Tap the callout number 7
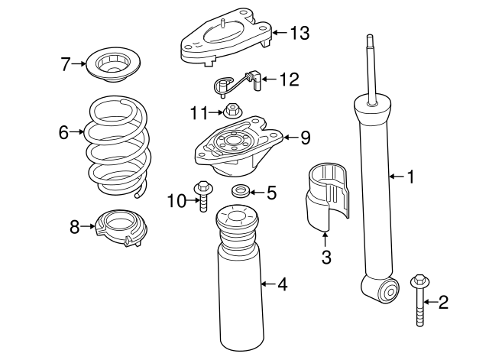point(66,63)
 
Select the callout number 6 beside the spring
point(63,132)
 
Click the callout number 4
point(282,285)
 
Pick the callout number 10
point(176,201)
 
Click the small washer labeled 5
point(241,191)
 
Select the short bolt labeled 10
point(202,195)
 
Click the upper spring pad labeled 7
point(114,65)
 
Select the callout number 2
point(443,303)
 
